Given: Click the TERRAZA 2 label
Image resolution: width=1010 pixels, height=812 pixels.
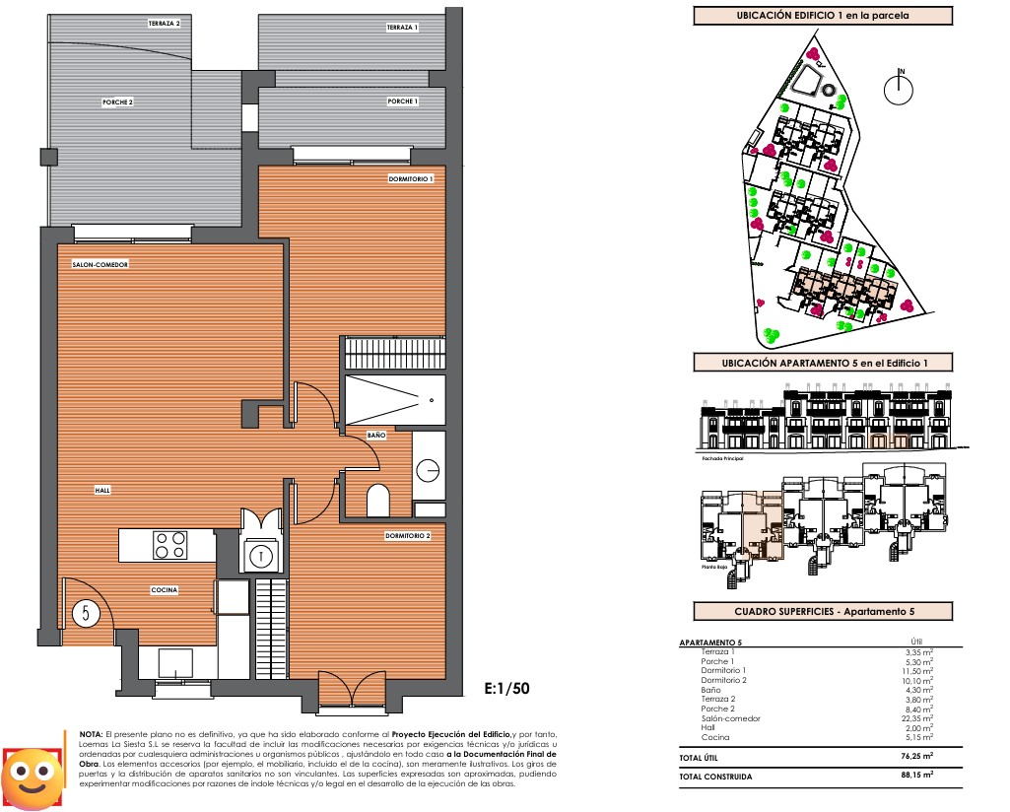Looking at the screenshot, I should tap(164, 23).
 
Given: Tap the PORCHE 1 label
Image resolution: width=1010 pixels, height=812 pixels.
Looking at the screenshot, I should tap(402, 101).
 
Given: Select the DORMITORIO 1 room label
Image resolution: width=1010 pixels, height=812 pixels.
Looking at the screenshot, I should tap(410, 178).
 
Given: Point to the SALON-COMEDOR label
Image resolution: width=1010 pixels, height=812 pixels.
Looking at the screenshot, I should tap(101, 265).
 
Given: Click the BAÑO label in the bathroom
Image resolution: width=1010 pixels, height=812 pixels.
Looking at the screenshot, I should tap(375, 435).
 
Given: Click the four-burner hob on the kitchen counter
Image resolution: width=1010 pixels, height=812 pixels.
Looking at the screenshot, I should tap(170, 545).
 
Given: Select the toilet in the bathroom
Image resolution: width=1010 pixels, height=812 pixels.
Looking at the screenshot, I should tap(378, 502).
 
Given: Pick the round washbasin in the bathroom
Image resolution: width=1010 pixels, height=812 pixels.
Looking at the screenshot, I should tap(429, 470).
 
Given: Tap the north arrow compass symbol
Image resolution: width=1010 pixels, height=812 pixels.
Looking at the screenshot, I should tap(900, 89).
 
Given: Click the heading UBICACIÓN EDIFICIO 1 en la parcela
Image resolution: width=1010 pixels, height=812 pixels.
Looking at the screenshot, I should tap(823, 16).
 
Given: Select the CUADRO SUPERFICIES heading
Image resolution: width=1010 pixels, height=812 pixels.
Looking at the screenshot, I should tap(823, 612).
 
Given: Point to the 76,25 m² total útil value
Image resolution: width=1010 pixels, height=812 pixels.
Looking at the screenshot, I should tap(915, 758).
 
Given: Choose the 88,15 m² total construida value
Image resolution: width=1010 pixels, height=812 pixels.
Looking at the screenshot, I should tap(915, 777).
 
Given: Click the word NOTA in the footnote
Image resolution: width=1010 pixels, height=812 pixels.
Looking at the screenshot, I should tap(90, 735).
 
